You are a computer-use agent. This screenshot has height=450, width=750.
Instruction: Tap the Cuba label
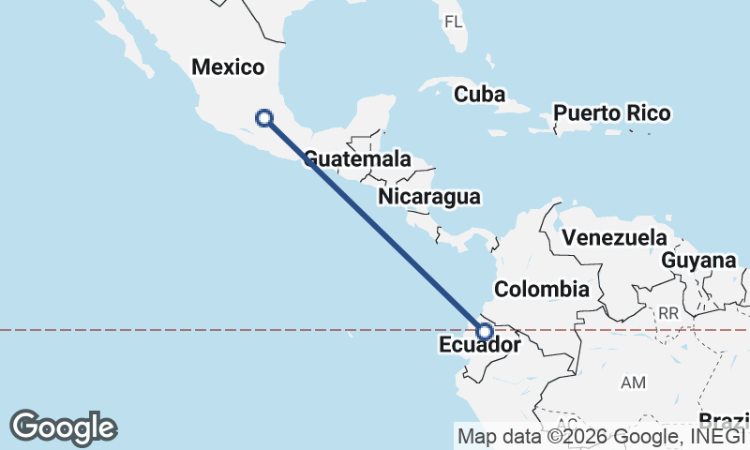479,95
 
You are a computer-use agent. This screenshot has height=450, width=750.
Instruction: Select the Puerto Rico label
611,113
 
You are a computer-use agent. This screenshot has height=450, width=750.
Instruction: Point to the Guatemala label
358,158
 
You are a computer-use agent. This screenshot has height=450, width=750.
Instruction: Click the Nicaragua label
429,197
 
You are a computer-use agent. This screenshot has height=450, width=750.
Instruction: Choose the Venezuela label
614,238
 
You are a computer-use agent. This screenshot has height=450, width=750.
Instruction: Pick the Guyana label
698,261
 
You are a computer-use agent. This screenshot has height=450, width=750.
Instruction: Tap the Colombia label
542,289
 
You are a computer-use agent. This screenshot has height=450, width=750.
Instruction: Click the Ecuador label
479,346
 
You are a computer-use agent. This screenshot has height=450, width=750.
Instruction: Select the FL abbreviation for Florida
453,22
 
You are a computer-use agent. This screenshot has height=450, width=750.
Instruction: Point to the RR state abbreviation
667,312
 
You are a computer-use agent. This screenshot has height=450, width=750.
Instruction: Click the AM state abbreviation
634,382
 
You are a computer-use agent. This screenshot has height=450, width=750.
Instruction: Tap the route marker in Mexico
264,117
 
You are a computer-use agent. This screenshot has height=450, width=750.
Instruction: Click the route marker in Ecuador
485,331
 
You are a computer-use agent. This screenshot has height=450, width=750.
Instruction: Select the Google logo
63,427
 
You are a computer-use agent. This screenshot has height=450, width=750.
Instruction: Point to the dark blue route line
375,225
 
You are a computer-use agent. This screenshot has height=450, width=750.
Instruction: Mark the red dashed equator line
187,330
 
